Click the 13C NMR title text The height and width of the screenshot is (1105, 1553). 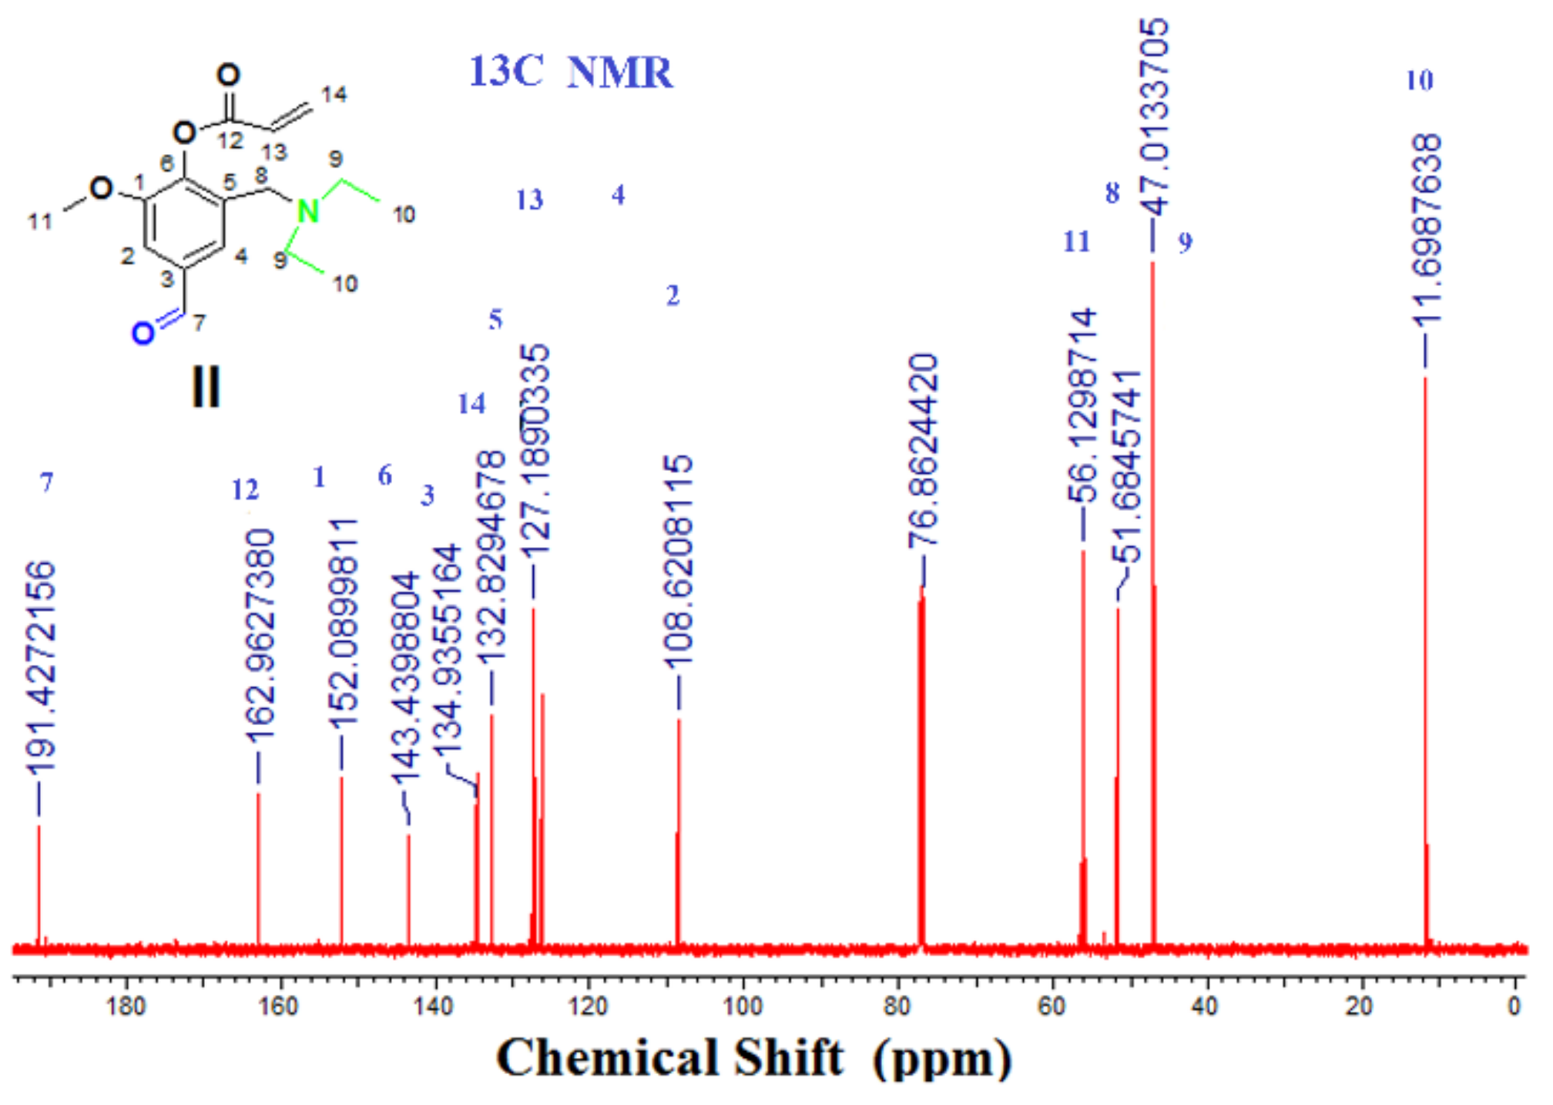[x=571, y=72]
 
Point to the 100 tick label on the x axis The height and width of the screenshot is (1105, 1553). [x=743, y=1006]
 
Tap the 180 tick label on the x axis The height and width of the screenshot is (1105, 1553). [x=126, y=1006]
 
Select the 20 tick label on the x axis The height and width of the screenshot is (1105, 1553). [x=1360, y=1006]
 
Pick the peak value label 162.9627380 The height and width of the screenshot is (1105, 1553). [x=260, y=636]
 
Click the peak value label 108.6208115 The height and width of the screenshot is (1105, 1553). [x=679, y=562]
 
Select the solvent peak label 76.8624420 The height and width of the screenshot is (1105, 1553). [x=924, y=451]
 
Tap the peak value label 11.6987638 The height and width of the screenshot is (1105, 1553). [x=1427, y=230]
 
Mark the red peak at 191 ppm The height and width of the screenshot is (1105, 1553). [x=39, y=886]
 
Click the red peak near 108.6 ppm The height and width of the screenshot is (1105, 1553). [x=679, y=832]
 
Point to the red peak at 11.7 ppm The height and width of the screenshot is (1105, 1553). [x=1425, y=663]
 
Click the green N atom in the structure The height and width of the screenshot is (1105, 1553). [x=307, y=210]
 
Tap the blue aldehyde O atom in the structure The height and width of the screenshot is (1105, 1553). [x=142, y=334]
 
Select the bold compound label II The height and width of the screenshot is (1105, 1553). [x=206, y=387]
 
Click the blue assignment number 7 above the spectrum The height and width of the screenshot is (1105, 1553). [x=47, y=482]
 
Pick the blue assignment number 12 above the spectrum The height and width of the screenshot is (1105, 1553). [x=246, y=490]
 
